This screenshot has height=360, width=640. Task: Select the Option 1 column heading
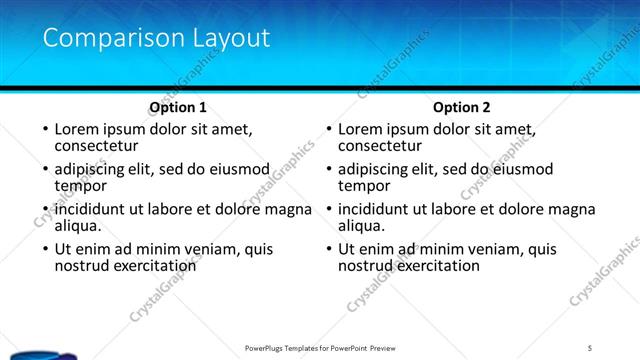pos(178,107)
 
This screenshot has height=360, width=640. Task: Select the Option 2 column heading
pos(462,107)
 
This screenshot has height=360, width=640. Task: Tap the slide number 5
pos(590,347)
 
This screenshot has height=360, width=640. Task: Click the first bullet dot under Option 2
pos(329,130)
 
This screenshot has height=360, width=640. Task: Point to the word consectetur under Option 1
pos(95,146)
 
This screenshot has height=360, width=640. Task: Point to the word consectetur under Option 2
pos(379,146)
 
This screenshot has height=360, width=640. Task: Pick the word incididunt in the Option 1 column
pos(94,209)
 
